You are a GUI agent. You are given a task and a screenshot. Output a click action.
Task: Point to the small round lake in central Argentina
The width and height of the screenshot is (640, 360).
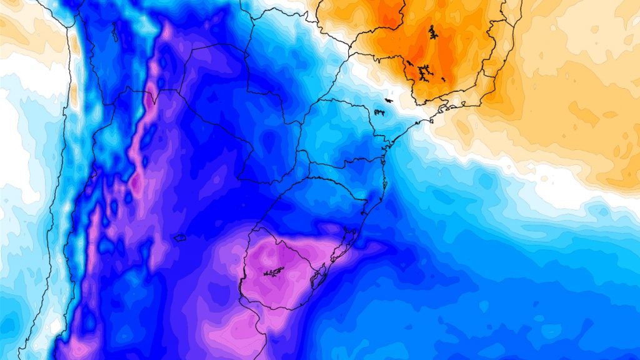pyautogui.click(x=179, y=237)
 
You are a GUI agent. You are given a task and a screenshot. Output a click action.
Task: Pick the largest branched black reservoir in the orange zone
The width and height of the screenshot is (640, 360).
pyautogui.click(x=426, y=71)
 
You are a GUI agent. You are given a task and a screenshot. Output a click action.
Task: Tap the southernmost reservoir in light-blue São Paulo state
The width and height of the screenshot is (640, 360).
pyautogui.click(x=379, y=112)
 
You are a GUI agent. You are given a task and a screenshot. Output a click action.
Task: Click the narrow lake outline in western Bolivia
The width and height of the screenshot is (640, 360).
pyautogui.click(x=115, y=31)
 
